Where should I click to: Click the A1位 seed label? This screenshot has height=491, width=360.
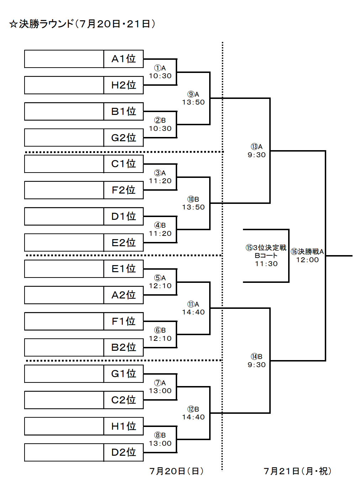[x=123, y=59]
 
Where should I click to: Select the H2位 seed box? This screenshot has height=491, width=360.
[x=123, y=85]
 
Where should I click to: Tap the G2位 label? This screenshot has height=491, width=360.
[x=123, y=138]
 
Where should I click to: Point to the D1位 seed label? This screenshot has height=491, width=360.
[x=123, y=216]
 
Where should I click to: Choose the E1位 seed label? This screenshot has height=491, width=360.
[x=123, y=269]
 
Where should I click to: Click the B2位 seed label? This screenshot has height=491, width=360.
[x=123, y=347]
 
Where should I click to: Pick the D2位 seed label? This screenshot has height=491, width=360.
[x=123, y=453]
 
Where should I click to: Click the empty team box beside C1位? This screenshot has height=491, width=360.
[x=64, y=164]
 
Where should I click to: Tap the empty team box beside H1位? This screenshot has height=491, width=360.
[x=64, y=426]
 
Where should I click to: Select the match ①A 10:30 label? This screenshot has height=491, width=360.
[x=160, y=72]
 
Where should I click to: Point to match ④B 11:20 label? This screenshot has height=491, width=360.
[x=160, y=229]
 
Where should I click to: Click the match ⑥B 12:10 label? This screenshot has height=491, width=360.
[x=160, y=334]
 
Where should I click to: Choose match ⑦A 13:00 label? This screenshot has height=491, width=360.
[x=160, y=387]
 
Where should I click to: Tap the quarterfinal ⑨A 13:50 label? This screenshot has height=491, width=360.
[x=193, y=98]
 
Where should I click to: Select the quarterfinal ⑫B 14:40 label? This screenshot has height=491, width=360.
[x=193, y=413]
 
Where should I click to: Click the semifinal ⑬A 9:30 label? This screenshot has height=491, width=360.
[x=256, y=151]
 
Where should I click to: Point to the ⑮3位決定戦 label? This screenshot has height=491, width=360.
[x=266, y=248]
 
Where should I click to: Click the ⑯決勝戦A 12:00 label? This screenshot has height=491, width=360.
[x=307, y=255]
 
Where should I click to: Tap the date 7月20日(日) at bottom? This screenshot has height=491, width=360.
[x=176, y=471]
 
